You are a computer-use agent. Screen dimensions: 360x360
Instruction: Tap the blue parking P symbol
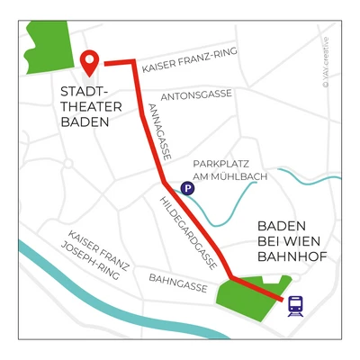[x=187, y=188]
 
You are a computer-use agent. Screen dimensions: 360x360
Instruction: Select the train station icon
[x=294, y=307]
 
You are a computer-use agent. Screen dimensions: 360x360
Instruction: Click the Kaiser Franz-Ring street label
[x=189, y=58]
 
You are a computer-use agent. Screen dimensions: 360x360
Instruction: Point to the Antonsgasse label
[x=195, y=94]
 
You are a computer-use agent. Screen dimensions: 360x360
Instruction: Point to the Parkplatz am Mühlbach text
[x=230, y=170]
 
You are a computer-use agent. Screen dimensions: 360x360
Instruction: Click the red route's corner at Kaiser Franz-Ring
[x=135, y=65]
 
